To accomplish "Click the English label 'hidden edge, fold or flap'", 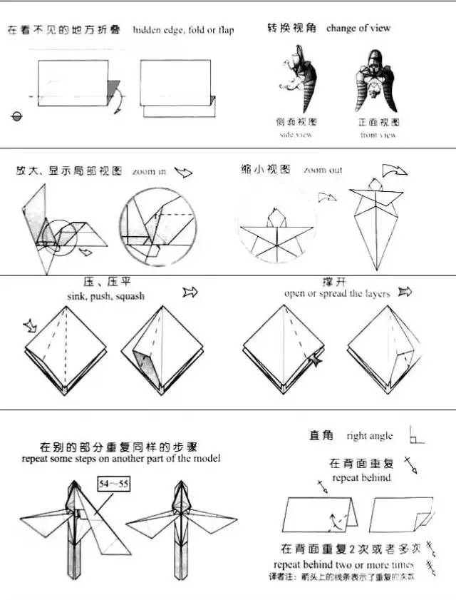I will (x=183, y=30).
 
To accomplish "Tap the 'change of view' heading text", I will (x=358, y=29).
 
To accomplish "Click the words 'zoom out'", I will (x=322, y=171).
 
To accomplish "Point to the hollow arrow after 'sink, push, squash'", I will (x=190, y=292).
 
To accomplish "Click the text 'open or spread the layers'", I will (x=337, y=293).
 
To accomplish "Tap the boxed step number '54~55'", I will (x=114, y=485).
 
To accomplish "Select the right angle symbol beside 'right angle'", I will (x=416, y=435).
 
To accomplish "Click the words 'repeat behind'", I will (x=361, y=477).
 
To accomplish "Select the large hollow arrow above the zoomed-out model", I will (x=394, y=171).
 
